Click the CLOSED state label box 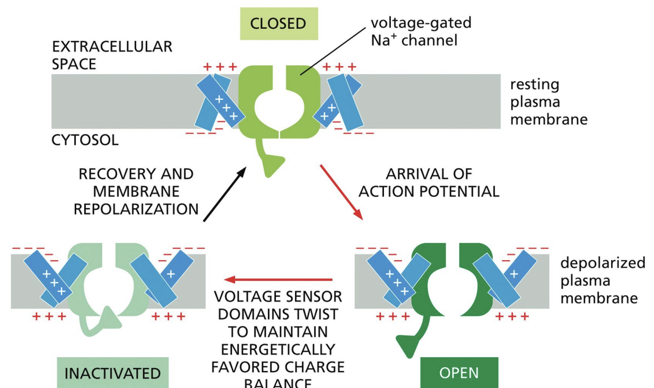(278, 24)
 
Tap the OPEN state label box (459, 373)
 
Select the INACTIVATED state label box (112, 373)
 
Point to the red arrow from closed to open (341, 192)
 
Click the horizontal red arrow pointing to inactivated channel (278, 279)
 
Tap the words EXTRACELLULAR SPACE (112, 55)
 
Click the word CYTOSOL (85, 140)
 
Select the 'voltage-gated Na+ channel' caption (420, 31)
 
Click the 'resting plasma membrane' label (548, 101)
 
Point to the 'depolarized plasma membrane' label (603, 280)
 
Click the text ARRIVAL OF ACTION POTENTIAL (429, 183)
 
